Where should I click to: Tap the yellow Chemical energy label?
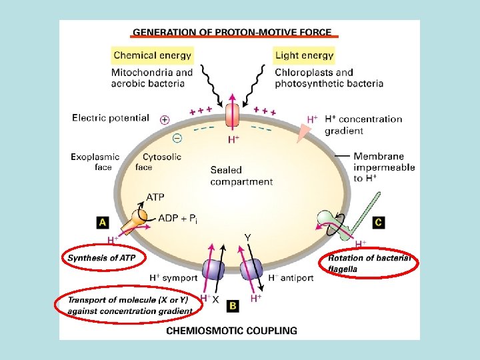pyautogui.click(x=153, y=55)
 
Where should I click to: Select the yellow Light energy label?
pyautogui.click(x=304, y=55)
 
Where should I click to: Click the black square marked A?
pyautogui.click(x=103, y=222)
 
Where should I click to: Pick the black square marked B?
pyautogui.click(x=233, y=305)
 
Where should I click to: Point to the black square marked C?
pyautogui.click(x=378, y=222)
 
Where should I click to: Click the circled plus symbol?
pyautogui.click(x=165, y=120)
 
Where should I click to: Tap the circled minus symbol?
pyautogui.click(x=177, y=137)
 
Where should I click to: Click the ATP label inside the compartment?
pyautogui.click(x=155, y=197)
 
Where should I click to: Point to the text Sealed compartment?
pyautogui.click(x=241, y=175)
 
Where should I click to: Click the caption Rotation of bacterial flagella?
pyautogui.click(x=371, y=263)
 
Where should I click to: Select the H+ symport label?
pyautogui.click(x=173, y=277)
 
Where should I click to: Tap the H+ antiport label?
pyautogui.click(x=291, y=277)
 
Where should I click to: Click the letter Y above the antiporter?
pyautogui.click(x=247, y=238)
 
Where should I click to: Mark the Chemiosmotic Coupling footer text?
pyautogui.click(x=232, y=330)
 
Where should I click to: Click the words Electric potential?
pyautogui.click(x=111, y=118)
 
